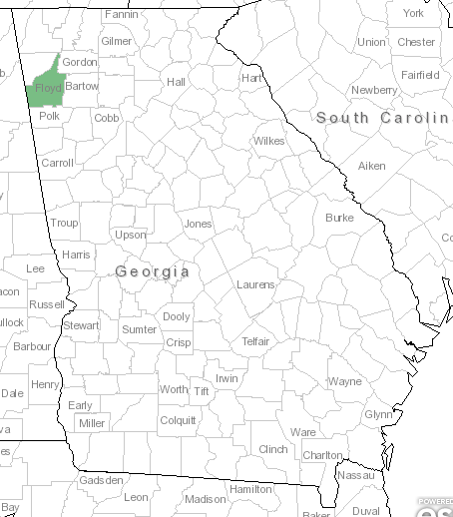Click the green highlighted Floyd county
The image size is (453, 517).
(46, 79)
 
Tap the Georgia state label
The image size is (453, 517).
(152, 271)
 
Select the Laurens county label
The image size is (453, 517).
(255, 284)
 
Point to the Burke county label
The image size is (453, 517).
(339, 217)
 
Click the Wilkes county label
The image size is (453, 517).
(268, 141)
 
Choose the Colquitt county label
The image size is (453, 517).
(178, 420)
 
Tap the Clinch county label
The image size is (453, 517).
(272, 449)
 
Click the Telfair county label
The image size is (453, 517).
(256, 341)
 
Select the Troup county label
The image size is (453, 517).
(64, 223)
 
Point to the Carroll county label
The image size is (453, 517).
(57, 163)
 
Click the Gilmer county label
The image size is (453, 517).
(116, 41)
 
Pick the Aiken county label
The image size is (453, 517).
(371, 165)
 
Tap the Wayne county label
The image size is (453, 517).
(345, 381)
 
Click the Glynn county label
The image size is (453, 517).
(378, 413)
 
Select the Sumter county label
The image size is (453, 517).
(139, 329)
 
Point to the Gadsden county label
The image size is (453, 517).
(101, 480)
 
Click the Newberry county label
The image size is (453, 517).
(374, 90)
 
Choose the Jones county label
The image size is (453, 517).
(198, 224)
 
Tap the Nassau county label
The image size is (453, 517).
(356, 476)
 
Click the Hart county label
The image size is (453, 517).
(251, 78)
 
